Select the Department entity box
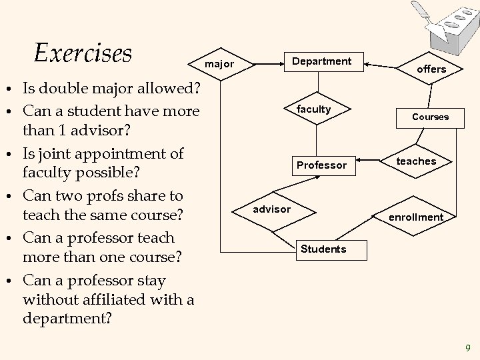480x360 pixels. (323, 61)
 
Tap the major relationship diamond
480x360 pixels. (219, 65)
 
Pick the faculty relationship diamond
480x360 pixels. (314, 109)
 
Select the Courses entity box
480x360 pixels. (430, 117)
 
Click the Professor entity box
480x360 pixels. (321, 165)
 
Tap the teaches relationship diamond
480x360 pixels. (416, 161)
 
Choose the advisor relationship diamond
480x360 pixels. (272, 209)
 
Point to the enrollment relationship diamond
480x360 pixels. (416, 217)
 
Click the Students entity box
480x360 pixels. (323, 249)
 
